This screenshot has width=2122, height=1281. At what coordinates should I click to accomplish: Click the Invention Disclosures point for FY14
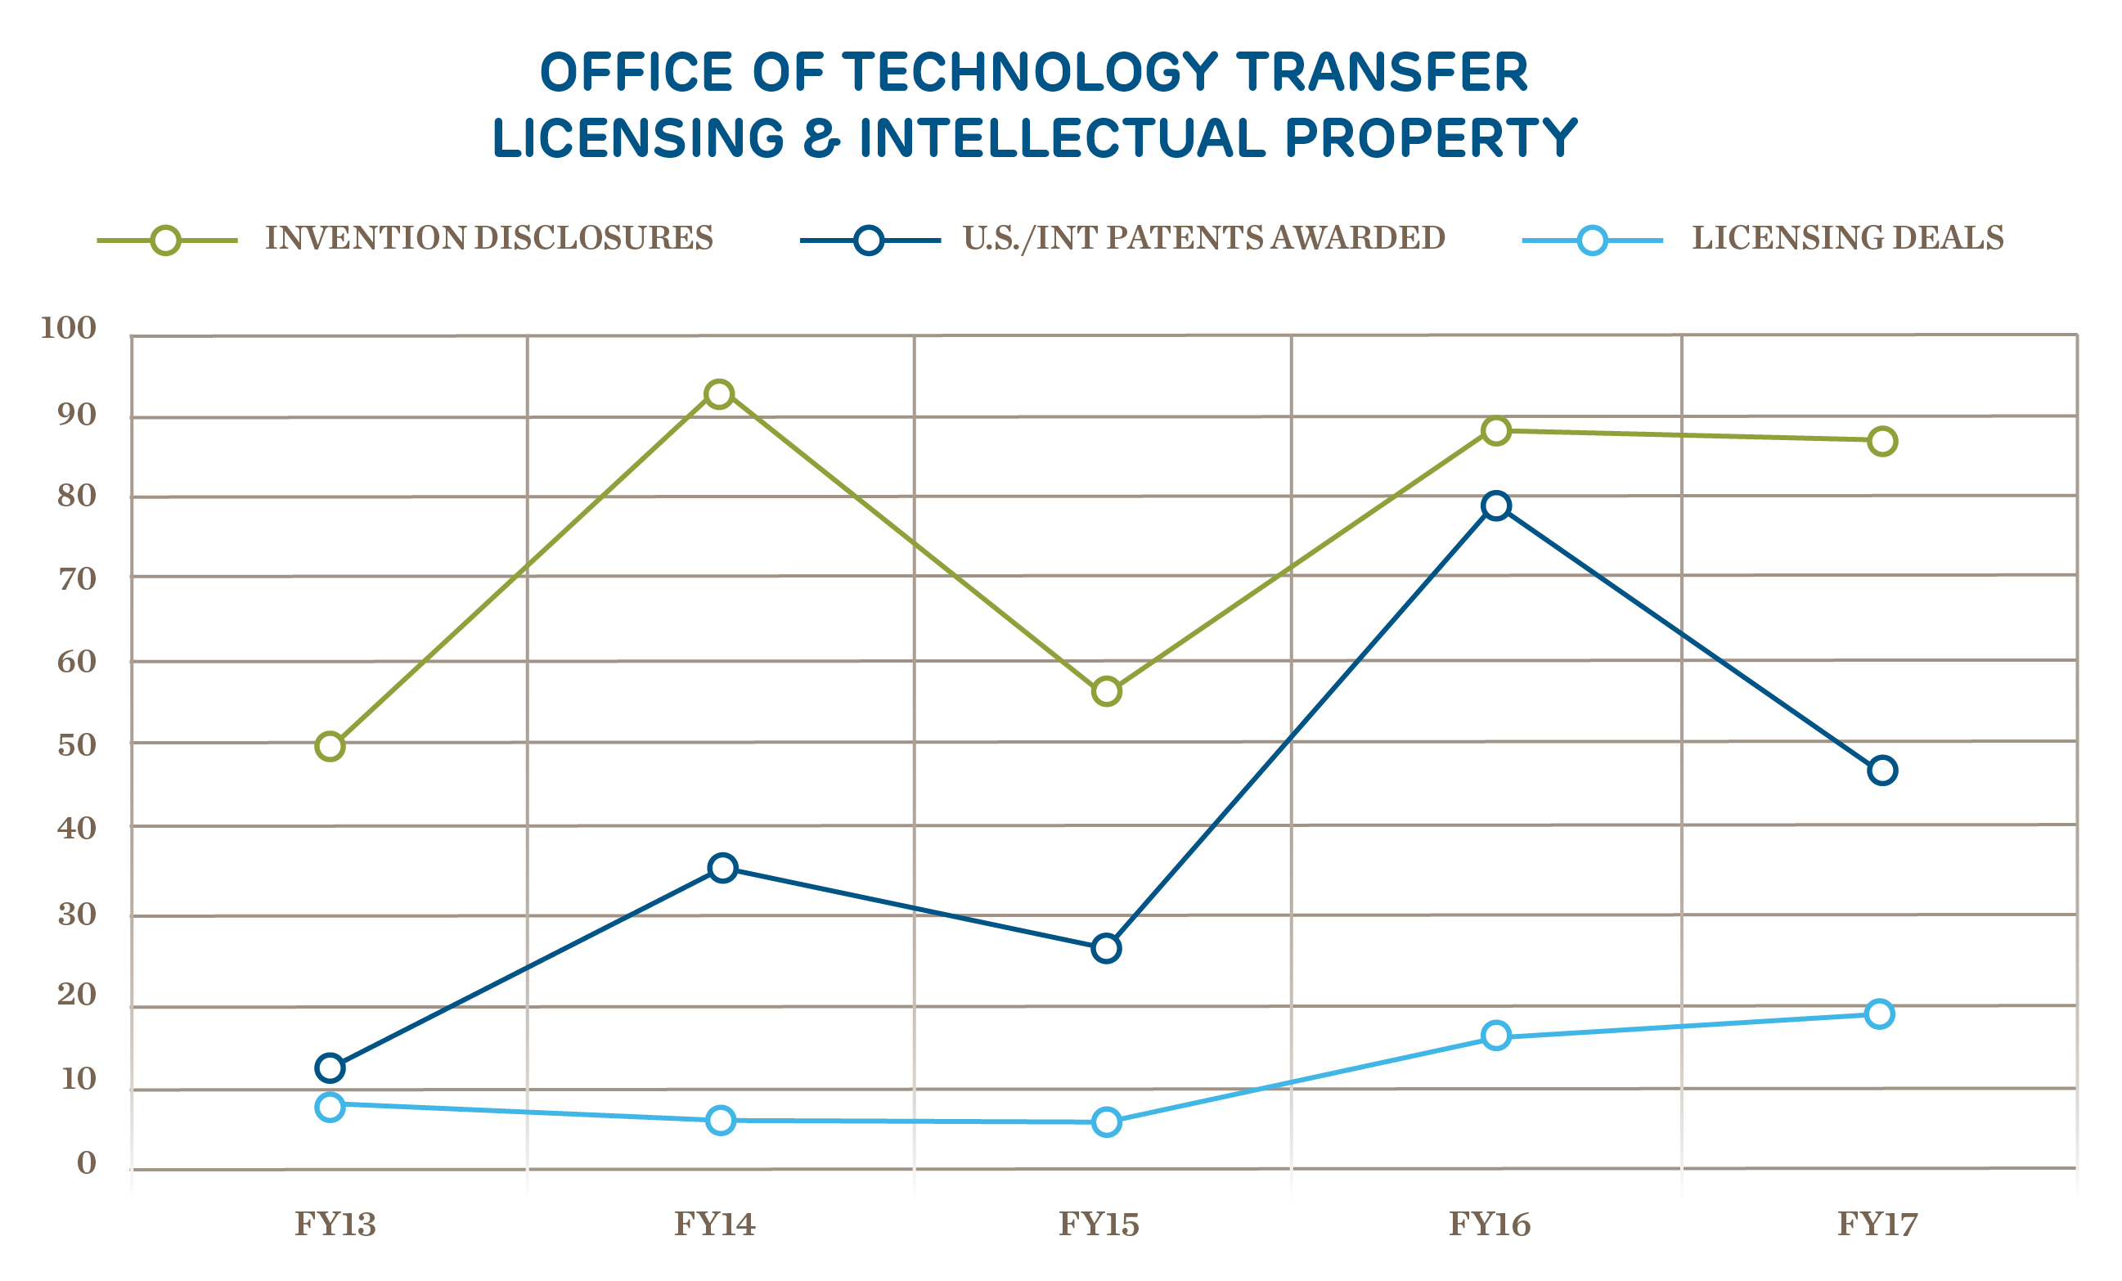coord(719,394)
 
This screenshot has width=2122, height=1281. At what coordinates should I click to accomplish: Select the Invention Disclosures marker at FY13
coord(330,746)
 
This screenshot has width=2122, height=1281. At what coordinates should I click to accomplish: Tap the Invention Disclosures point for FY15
coord(1107,691)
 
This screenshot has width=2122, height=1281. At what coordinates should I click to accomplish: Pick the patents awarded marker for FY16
coord(1497,506)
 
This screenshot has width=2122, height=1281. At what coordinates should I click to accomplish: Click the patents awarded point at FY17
coord(1882,771)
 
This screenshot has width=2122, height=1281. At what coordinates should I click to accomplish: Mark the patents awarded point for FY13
coord(330,1068)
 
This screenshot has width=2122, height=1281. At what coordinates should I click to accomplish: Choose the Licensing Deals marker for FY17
coord(1879,1014)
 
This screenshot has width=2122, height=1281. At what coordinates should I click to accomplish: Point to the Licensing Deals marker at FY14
coord(721,1121)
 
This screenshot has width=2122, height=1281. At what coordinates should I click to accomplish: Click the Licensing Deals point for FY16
coord(1497,1036)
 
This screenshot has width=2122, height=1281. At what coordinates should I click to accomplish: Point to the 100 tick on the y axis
coord(69,328)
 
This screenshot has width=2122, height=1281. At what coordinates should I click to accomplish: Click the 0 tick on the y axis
coord(86,1164)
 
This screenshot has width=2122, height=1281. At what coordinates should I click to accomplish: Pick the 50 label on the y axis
coord(77,745)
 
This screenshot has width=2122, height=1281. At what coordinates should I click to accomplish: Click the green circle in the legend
coord(165,240)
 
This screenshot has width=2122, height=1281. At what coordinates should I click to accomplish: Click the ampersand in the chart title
coord(820,138)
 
